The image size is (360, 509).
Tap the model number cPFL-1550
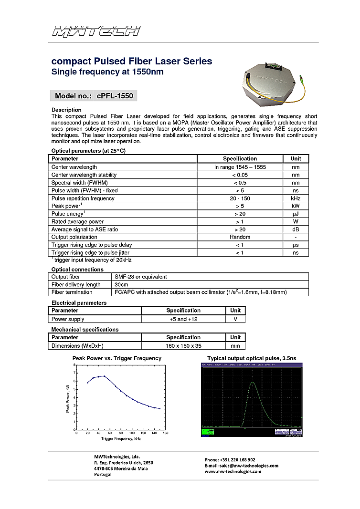(116, 96)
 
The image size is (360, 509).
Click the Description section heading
(66, 110)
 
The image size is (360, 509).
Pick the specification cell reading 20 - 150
(240, 198)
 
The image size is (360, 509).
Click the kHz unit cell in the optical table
(296, 198)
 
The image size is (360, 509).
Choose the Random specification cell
(240, 237)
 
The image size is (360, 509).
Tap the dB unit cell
(296, 229)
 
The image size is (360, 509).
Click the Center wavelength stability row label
(84, 175)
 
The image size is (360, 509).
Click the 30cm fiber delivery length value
(121, 285)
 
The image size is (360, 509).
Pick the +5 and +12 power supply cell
(183, 319)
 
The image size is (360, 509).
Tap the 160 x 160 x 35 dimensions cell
(183, 346)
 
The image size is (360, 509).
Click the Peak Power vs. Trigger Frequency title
(116, 358)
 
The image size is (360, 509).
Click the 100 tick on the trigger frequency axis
(132, 433)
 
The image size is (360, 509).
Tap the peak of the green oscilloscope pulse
(253, 383)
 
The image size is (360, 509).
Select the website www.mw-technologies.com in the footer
(233, 471)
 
